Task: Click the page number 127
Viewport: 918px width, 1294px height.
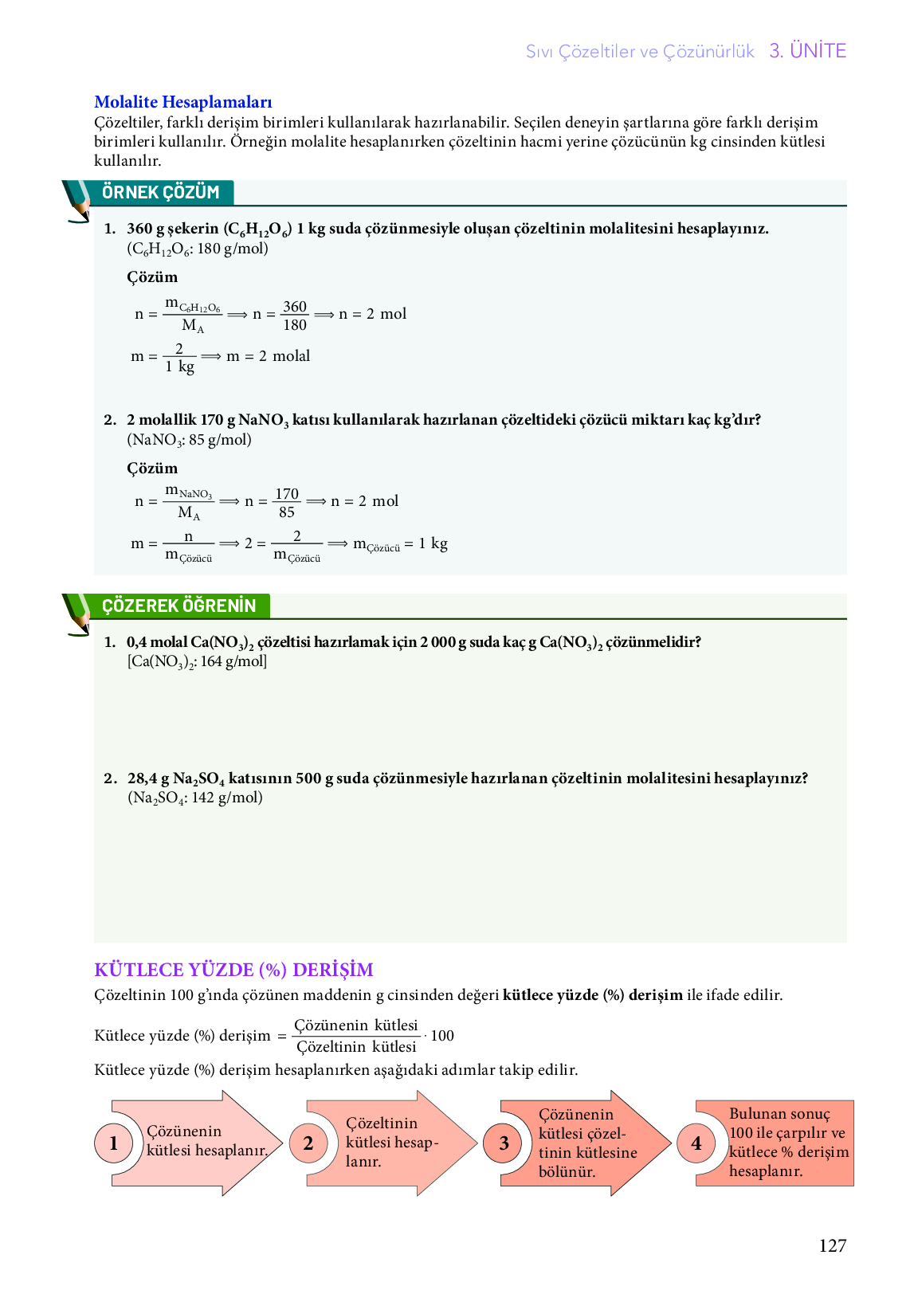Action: coord(832,1245)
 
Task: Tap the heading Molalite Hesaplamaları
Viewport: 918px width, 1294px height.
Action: coord(183,102)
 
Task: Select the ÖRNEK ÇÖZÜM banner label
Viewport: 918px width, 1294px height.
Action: coord(160,193)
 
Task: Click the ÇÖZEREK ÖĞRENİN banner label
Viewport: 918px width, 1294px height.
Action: coord(178,606)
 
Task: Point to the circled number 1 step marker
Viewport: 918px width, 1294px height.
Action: coord(113,1143)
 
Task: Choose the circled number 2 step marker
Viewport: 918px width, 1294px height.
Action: coord(308,1143)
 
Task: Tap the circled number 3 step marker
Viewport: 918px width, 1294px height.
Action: coord(504,1143)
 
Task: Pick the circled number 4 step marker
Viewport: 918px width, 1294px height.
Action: coord(696,1143)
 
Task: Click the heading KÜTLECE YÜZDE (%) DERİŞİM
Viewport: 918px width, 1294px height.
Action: coord(233,970)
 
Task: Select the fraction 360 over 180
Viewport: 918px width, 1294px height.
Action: coord(295,316)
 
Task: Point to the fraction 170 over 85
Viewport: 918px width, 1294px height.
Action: coord(287,503)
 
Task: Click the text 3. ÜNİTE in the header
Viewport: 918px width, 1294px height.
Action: coord(807,51)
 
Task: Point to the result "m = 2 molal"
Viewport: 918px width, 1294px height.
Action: coord(268,356)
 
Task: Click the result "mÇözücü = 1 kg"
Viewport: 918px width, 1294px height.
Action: coord(400,544)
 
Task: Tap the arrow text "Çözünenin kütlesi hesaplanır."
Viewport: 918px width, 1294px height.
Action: coord(206,1141)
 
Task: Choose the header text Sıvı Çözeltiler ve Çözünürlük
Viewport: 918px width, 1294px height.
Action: coord(640,52)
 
